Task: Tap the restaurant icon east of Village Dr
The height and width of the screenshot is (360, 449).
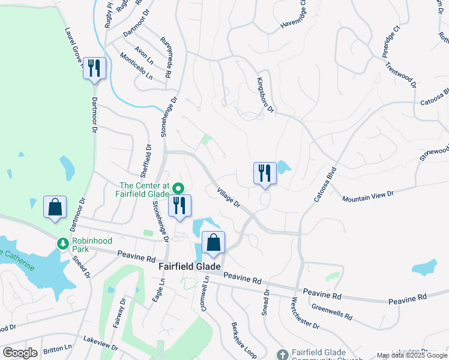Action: pyautogui.click(x=265, y=173)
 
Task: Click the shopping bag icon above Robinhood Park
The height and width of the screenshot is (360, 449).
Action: pyautogui.click(x=55, y=208)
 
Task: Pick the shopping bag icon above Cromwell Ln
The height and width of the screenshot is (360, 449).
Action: pyautogui.click(x=213, y=242)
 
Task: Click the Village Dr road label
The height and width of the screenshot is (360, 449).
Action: pyautogui.click(x=229, y=196)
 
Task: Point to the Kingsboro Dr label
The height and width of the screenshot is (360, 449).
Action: pyautogui.click(x=265, y=95)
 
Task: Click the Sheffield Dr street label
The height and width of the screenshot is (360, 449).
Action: pyautogui.click(x=146, y=161)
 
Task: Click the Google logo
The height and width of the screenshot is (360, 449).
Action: pyautogui.click(x=20, y=353)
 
